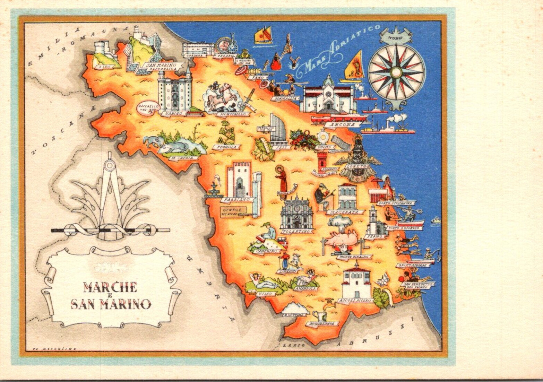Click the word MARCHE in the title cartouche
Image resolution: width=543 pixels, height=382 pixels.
[110, 287]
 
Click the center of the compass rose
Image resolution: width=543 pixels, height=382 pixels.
[396, 72]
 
